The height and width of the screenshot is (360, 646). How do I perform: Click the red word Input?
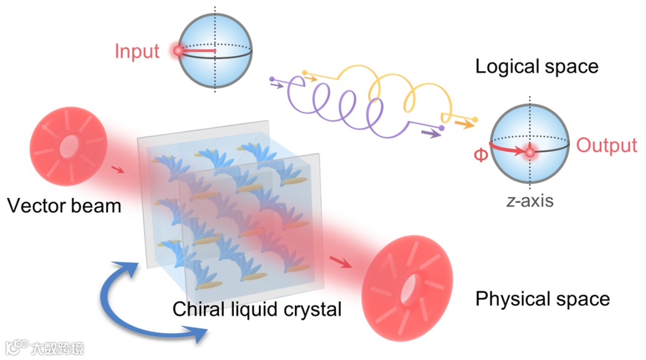point(137,51)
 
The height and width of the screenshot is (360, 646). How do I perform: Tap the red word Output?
point(607,146)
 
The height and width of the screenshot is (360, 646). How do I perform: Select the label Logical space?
point(537,66)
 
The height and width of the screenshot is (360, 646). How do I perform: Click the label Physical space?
point(543,298)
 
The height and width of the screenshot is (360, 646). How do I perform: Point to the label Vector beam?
point(64,206)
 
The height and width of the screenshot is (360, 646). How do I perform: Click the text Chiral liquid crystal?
point(257,309)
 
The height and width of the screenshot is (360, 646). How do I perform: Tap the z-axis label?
point(529,201)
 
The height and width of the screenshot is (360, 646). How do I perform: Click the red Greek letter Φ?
point(480,155)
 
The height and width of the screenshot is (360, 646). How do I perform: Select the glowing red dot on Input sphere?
point(178,51)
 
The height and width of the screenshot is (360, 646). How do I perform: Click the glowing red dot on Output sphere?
point(529,153)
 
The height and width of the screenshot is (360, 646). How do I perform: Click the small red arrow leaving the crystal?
point(339,262)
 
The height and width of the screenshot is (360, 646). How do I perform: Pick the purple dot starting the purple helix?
point(272,78)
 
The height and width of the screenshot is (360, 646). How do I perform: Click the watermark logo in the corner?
point(18,347)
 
